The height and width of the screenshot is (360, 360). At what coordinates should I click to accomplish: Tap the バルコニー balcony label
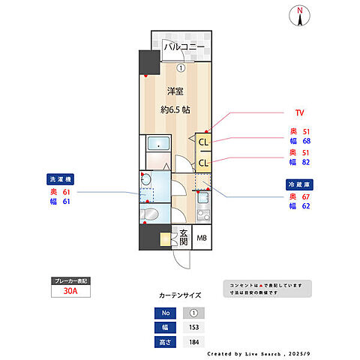pyautogui.click(x=184, y=49)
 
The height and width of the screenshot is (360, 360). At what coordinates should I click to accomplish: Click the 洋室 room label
pyautogui.click(x=175, y=91)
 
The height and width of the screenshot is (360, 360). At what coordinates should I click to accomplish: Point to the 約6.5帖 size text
pyautogui.click(x=175, y=109)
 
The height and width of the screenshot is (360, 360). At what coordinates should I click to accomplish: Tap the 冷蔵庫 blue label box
pyautogui.click(x=299, y=184)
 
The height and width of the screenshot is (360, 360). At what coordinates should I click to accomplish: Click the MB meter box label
pyautogui.click(x=201, y=239)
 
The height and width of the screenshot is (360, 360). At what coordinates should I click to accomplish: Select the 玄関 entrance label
pyautogui.click(x=183, y=238)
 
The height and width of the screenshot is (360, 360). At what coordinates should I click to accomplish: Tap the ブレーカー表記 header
pyautogui.click(x=70, y=280)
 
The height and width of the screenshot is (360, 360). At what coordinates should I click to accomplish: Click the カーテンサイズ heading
pyautogui.click(x=179, y=295)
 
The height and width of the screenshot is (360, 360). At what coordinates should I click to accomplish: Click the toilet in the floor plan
pyautogui.click(x=150, y=214)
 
